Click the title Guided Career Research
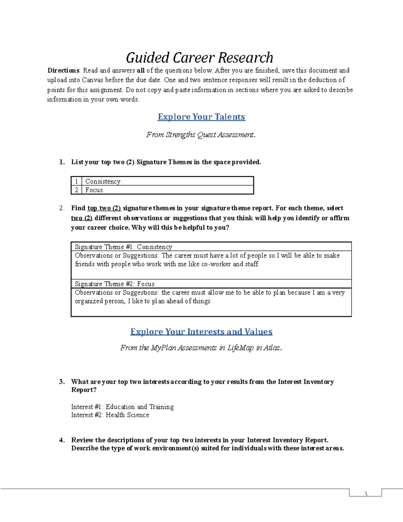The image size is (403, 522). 199,58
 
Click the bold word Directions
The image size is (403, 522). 63,71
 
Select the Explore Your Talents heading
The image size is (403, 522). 201,117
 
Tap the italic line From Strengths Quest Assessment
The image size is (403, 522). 200,135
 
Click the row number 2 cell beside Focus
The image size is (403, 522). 77,190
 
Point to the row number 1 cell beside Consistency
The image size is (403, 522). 77,182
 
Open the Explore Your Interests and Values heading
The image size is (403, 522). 201,332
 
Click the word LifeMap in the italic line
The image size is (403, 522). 240,348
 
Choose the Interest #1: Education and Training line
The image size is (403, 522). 122,407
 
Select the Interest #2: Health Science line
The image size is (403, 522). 110,415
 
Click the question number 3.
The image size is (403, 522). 62,382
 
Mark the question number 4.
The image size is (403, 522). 62,440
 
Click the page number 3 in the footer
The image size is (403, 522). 365,494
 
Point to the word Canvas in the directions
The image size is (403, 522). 92,80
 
